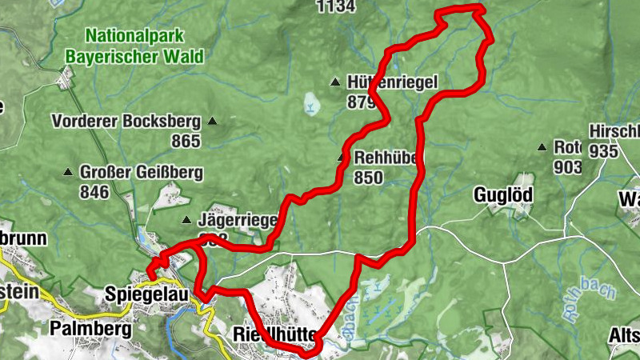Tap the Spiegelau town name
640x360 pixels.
pos(146,294)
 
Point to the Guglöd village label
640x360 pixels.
pos(503,194)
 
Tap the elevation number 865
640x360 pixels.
pos(185,140)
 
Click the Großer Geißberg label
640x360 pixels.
pos(141,172)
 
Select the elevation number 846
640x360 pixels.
pos(94,191)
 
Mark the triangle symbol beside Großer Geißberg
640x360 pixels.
pos(68,172)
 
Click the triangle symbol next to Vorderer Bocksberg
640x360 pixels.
pos(212,122)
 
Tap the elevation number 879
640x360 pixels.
pos(362,102)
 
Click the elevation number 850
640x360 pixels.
pos(368,178)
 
